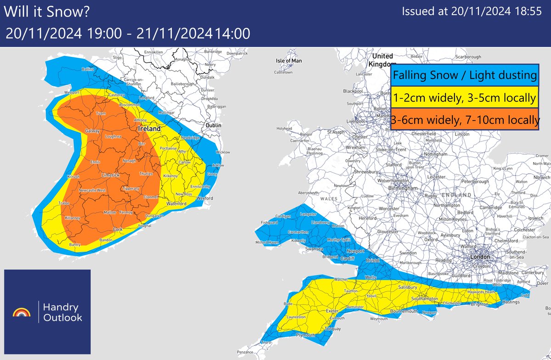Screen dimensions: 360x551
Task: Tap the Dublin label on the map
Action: pos(214,125)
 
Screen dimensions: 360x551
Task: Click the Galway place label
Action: pos(92,131)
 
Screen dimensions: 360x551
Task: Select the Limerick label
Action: pos(111,176)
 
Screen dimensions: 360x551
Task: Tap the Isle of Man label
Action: pos(289,61)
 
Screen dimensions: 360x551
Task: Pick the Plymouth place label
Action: pos(305,335)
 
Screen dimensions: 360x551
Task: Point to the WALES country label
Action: pos(330,199)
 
